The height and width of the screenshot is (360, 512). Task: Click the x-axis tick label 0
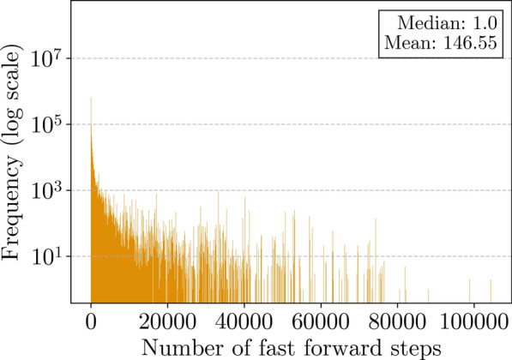(x=91, y=326)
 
